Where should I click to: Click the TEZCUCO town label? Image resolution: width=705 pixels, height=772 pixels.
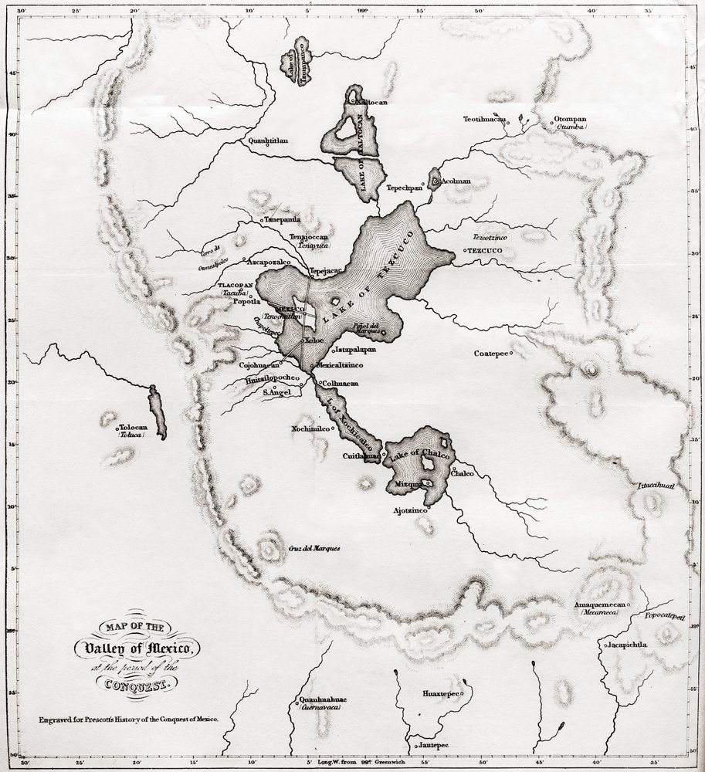pyautogui.click(x=486, y=251)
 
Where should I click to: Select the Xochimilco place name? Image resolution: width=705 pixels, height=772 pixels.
pyautogui.click(x=311, y=428)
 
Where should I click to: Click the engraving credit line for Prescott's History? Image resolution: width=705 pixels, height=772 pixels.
pyautogui.click(x=130, y=718)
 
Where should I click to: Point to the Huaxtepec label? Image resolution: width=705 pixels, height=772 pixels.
pyautogui.click(x=441, y=694)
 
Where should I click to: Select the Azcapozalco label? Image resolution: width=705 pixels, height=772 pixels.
pyautogui.click(x=268, y=262)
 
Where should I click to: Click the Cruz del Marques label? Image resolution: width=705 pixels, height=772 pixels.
pyautogui.click(x=314, y=549)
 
